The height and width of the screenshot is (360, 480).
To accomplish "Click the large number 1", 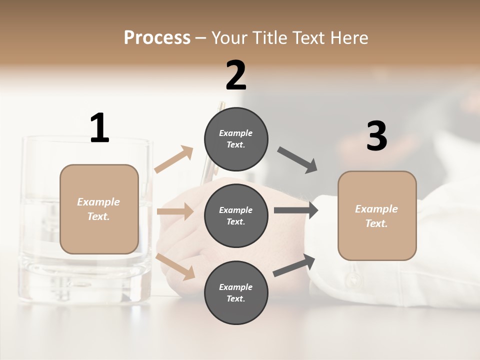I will coord(99,128).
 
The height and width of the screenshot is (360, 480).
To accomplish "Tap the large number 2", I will coord(236,75).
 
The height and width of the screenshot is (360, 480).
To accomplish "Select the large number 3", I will coord(376,136).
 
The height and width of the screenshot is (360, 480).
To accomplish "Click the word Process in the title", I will coord(157,37).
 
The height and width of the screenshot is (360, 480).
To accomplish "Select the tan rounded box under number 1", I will coord(99,209).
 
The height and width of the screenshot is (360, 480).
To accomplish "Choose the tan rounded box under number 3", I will coord(377,216).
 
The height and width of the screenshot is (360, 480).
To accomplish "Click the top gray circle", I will coord(236,138).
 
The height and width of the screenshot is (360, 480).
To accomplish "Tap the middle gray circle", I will coord(236,215).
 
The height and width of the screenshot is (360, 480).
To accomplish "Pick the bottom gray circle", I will coord(236,292).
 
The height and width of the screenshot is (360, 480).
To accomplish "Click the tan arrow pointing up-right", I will coord(174,159).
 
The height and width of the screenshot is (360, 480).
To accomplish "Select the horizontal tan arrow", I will coord(175,211).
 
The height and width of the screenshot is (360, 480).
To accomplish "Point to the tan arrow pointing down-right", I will coord(175,266).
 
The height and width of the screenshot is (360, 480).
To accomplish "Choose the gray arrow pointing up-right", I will coord(294,265).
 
